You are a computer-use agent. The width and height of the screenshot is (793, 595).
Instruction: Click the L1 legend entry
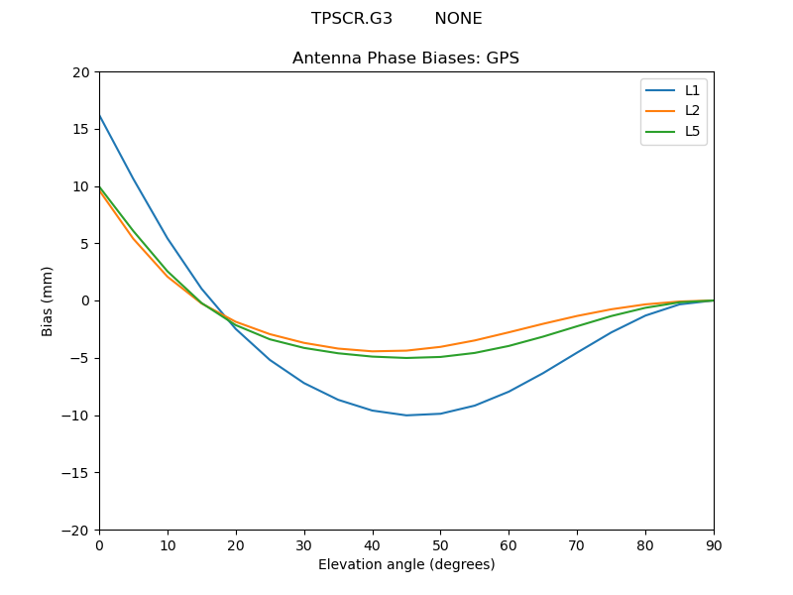coord(692,90)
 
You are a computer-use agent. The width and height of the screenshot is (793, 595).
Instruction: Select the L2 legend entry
coord(692,111)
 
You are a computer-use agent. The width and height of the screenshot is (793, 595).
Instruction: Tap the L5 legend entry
coord(692,131)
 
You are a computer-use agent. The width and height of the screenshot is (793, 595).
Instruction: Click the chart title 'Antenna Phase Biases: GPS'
coord(405,59)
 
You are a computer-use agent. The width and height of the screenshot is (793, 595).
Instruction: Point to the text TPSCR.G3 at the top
coord(352,19)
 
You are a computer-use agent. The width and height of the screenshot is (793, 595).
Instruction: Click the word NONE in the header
coord(458,19)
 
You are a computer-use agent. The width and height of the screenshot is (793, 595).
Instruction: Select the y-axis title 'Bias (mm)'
coord(48,300)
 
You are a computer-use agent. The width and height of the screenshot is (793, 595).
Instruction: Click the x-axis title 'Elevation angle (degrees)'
coord(406,564)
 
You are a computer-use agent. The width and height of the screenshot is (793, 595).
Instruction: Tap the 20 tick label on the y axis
coord(81,72)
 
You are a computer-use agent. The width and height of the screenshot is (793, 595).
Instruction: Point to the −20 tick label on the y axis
coord(76,530)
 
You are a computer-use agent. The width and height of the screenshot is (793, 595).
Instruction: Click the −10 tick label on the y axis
coord(76,416)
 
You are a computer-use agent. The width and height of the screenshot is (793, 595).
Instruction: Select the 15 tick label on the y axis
coord(81,129)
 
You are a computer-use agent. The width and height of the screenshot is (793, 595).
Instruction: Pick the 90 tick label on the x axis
coord(714,544)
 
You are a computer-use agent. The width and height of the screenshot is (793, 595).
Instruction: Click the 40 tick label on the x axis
coord(373,544)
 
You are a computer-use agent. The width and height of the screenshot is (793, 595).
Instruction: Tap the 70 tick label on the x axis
coord(577,544)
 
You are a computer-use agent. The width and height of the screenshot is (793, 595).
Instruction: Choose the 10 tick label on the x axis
coord(168,544)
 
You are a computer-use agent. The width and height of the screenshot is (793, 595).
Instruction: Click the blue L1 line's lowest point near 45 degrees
coord(406,415)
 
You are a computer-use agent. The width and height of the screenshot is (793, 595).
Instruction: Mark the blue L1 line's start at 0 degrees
coord(99,116)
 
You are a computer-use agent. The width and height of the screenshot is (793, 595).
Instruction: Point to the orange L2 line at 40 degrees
coord(373,351)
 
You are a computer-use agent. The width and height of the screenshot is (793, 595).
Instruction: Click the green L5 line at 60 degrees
coord(509,345)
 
